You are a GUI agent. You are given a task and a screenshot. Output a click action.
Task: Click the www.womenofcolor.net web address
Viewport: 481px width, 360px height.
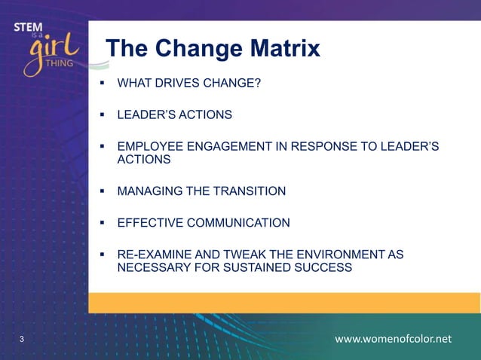pos(393,339)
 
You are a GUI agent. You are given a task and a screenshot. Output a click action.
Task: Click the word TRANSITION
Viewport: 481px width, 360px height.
pos(250,191)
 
